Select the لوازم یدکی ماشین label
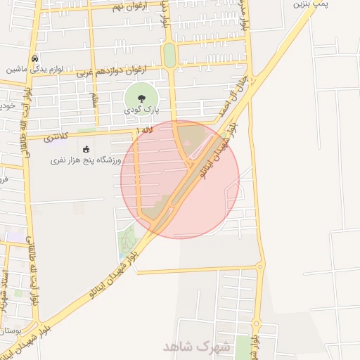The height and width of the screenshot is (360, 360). click(36, 70)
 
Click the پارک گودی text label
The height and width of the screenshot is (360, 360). click(143, 110)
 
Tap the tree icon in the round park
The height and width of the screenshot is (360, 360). click(143, 98)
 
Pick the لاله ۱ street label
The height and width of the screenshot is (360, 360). click(145, 130)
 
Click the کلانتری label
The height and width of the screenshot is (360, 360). click(57, 137)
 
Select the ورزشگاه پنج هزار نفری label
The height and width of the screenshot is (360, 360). click(86, 160)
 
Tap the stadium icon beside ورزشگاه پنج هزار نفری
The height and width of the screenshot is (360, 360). click(86, 149)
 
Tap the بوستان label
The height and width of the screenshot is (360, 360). click(13, 330)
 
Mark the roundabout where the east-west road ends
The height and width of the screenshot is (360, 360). click(260, 266)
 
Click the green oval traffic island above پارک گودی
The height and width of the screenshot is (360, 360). click(169, 55)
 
